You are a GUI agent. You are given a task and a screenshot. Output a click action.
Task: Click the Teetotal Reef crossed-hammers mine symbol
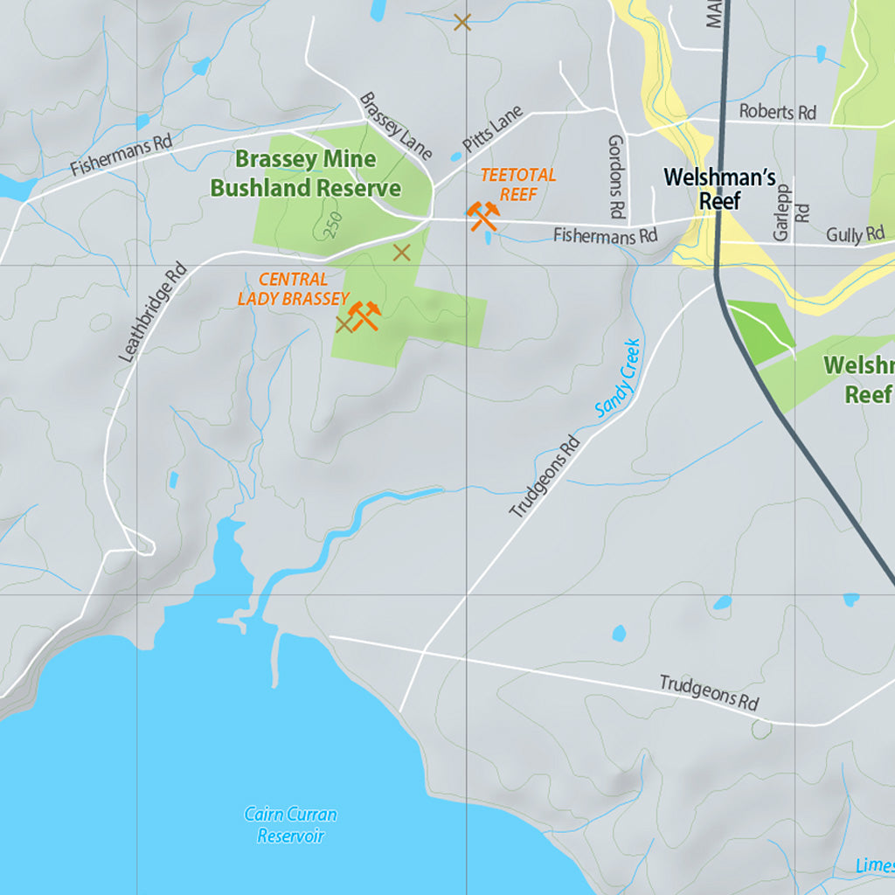pyautogui.click(x=482, y=215)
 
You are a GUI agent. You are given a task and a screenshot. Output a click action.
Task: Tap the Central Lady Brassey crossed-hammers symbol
pyautogui.click(x=364, y=315)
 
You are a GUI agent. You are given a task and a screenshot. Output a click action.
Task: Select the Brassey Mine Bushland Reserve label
pyautogui.click(x=305, y=173)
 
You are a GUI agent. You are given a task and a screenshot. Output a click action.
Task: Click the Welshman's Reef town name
pyautogui.click(x=719, y=189)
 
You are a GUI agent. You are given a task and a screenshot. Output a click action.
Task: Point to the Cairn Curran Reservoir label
pyautogui.click(x=290, y=825)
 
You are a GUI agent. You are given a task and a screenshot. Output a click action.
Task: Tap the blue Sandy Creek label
pyautogui.click(x=619, y=377)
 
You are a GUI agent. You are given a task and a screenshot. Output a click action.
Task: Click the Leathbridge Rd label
pyautogui.click(x=154, y=311)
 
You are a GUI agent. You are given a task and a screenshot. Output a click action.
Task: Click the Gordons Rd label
pyautogui.click(x=617, y=177)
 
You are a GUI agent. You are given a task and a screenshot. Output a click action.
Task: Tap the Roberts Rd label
pyautogui.click(x=777, y=112)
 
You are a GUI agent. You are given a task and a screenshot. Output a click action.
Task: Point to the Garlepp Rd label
pyautogui.click(x=791, y=212)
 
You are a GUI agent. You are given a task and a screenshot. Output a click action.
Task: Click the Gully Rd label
pyautogui.click(x=855, y=234)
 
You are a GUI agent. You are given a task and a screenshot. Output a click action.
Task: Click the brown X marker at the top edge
pyautogui.click(x=462, y=22)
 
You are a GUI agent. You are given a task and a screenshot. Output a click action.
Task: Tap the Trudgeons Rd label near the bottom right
pyautogui.click(x=709, y=692)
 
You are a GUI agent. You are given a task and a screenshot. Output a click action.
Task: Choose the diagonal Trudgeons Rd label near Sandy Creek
pyautogui.click(x=545, y=476)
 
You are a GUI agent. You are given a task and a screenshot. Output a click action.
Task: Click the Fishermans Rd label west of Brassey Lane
pyautogui.click(x=121, y=154)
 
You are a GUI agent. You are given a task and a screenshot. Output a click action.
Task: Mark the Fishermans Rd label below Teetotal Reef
pyautogui.click(x=605, y=235)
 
